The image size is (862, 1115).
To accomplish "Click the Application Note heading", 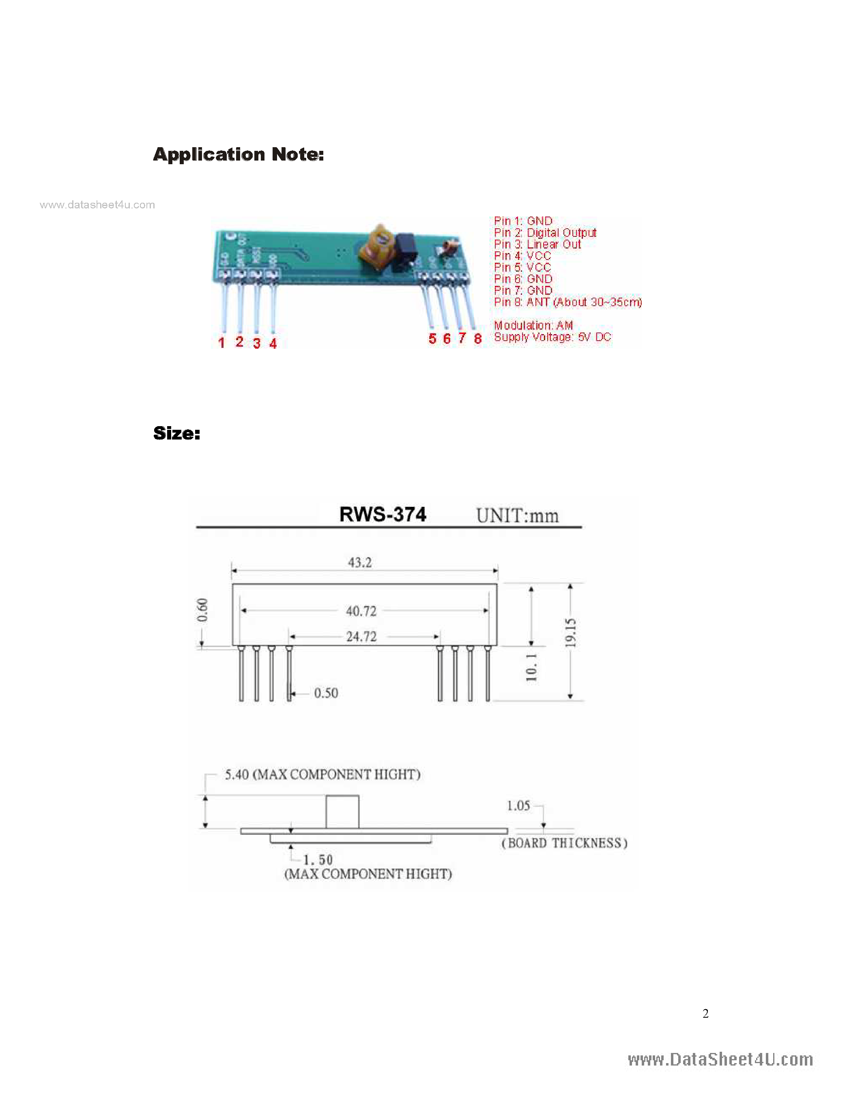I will click(x=238, y=154).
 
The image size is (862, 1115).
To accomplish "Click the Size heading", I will click(x=177, y=433).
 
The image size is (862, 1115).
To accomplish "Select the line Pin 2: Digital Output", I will click(x=545, y=233).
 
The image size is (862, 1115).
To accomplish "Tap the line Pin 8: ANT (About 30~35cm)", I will click(x=568, y=302).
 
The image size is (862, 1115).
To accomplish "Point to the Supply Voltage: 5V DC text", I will click(x=552, y=337).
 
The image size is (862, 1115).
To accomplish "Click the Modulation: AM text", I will click(x=533, y=325).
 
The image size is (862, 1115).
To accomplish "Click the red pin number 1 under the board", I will click(x=221, y=343).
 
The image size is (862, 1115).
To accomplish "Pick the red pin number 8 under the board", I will click(x=477, y=339).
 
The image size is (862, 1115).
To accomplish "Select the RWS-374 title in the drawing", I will click(x=383, y=515).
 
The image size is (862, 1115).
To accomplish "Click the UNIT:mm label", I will click(x=517, y=516).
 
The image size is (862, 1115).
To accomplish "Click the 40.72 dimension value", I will click(x=361, y=611).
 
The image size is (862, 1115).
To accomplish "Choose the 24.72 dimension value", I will click(x=361, y=637).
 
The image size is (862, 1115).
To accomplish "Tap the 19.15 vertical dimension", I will click(x=570, y=633).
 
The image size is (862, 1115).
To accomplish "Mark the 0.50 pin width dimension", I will click(x=326, y=693).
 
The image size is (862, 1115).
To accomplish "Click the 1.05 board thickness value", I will click(x=518, y=806).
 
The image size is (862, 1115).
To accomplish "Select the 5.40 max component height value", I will click(x=237, y=774).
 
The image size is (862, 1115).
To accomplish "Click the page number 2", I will click(x=705, y=1014).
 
